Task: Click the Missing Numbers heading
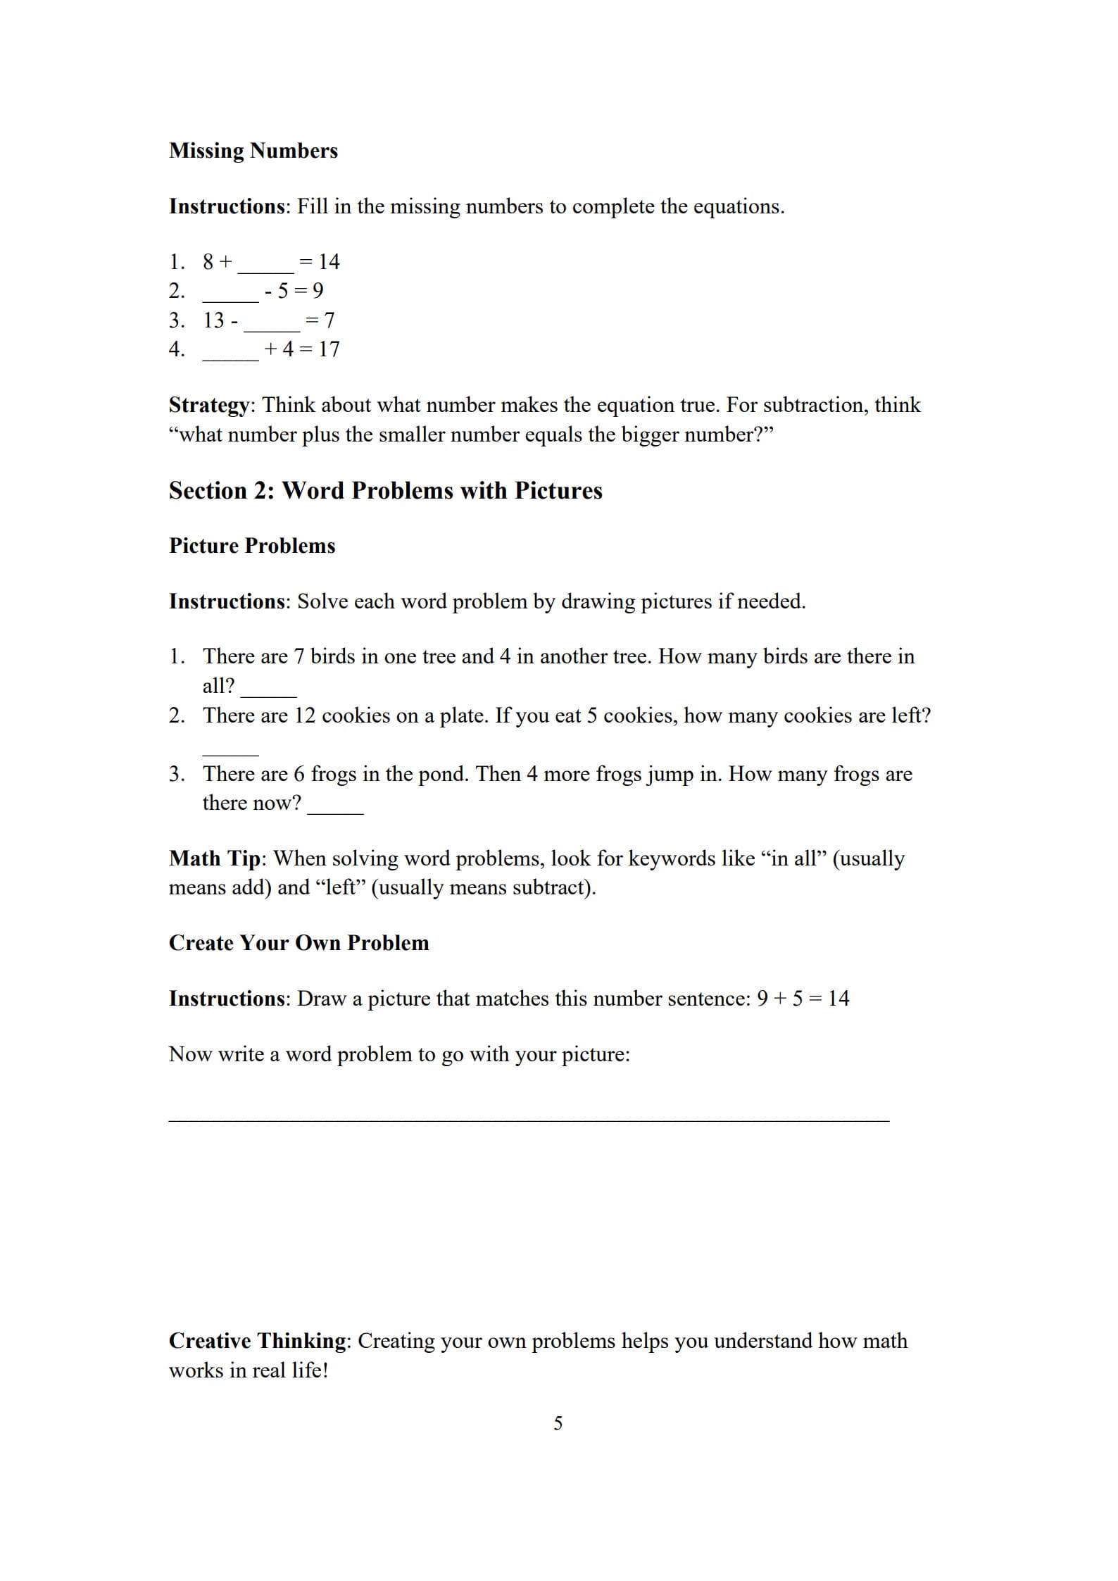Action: pyautogui.click(x=253, y=151)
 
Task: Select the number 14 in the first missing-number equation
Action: pyautogui.click(x=329, y=262)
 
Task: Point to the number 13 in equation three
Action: pyautogui.click(x=213, y=320)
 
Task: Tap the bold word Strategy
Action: pyautogui.click(x=209, y=406)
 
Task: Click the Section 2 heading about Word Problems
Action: pyautogui.click(x=385, y=491)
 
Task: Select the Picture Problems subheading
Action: pyautogui.click(x=252, y=546)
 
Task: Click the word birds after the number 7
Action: pyautogui.click(x=333, y=656)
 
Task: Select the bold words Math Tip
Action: pyautogui.click(x=214, y=858)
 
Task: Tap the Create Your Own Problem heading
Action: pyautogui.click(x=299, y=943)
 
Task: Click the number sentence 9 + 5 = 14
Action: pyautogui.click(x=803, y=999)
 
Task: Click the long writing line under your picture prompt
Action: pyautogui.click(x=529, y=1120)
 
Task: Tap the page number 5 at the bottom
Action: pyautogui.click(x=558, y=1424)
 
